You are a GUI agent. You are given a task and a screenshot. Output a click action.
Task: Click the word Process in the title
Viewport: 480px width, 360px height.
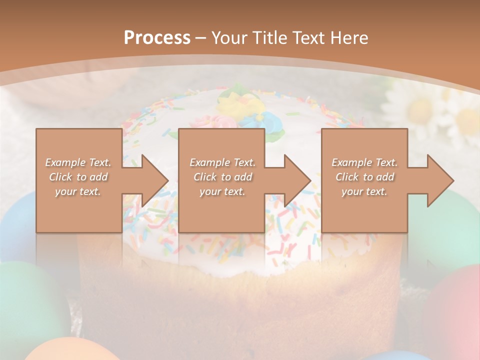157,38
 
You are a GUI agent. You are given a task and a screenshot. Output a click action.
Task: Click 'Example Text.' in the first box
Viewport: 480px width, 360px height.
78,162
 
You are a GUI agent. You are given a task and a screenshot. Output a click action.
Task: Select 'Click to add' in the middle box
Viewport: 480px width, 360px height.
222,177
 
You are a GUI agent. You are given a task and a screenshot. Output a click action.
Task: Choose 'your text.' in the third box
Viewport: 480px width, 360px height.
364,191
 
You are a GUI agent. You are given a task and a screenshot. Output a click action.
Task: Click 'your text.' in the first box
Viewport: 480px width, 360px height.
78,191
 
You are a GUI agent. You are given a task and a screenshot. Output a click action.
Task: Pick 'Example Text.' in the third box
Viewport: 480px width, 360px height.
364,162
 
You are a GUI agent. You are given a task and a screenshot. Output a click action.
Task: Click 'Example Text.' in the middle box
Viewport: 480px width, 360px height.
222,162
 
